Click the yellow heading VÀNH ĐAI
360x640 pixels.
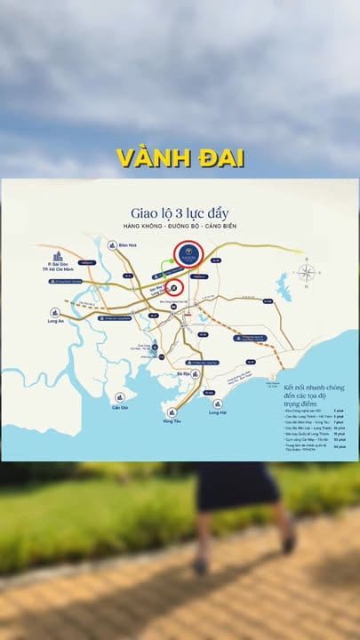pos(180,157)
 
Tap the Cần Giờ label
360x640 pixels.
pos(120,409)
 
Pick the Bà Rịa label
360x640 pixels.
pos(184,375)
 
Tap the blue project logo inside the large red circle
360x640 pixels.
pos(188,254)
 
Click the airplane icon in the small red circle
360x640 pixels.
pos(176,287)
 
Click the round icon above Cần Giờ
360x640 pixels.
pos(120,396)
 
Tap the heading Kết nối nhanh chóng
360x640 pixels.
pos(312,388)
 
